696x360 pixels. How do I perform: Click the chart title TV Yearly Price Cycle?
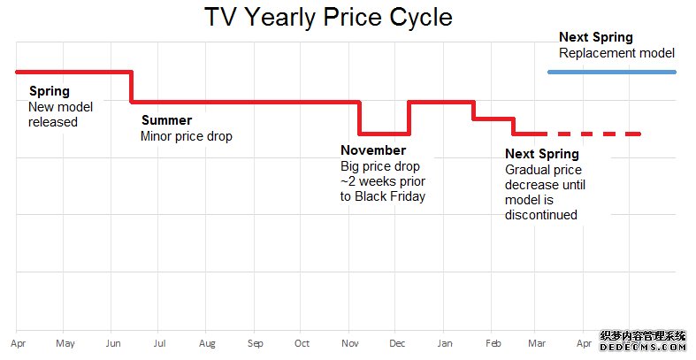(x=328, y=19)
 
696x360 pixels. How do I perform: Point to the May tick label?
(x=65, y=343)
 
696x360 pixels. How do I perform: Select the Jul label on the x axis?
(x=159, y=343)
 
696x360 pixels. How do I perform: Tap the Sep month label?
(x=256, y=343)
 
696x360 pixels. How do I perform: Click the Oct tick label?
(x=302, y=343)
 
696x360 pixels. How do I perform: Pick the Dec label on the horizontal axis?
(x=397, y=343)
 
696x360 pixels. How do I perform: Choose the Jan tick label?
(x=445, y=343)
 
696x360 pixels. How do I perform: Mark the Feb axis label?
(x=493, y=343)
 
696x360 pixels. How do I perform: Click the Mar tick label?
(x=537, y=343)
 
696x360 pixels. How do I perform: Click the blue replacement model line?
(x=612, y=72)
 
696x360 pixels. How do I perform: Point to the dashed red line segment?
(x=593, y=134)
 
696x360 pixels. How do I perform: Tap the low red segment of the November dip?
(x=384, y=134)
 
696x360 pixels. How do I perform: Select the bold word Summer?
(x=167, y=120)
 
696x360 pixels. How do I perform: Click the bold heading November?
(x=373, y=150)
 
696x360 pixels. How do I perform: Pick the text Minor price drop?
(x=187, y=136)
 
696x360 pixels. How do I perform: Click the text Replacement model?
(x=617, y=53)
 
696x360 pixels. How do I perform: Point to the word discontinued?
(x=541, y=215)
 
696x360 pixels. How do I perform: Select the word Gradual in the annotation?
(x=524, y=170)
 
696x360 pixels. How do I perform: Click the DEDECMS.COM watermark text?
(x=643, y=348)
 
